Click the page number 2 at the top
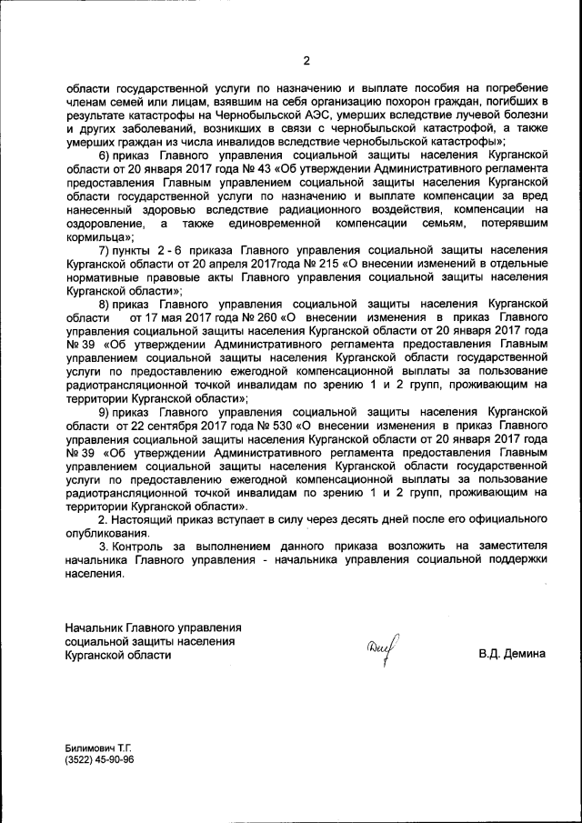(x=306, y=61)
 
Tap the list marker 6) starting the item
(x=104, y=156)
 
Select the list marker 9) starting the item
(x=105, y=411)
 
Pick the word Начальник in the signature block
(x=95, y=627)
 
